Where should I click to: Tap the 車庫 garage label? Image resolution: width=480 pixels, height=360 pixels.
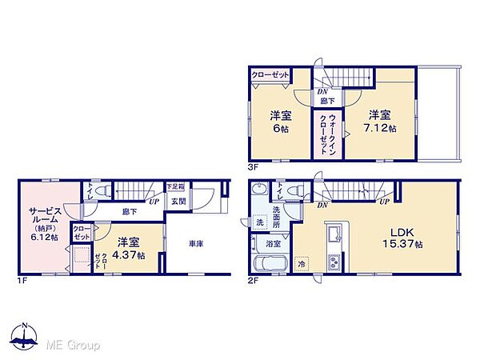(x=196, y=244)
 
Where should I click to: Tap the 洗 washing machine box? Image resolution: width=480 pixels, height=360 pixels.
(x=259, y=222)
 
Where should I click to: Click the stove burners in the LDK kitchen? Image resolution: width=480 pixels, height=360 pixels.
(x=334, y=262)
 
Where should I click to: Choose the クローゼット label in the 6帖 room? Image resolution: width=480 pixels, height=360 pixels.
(x=270, y=74)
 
